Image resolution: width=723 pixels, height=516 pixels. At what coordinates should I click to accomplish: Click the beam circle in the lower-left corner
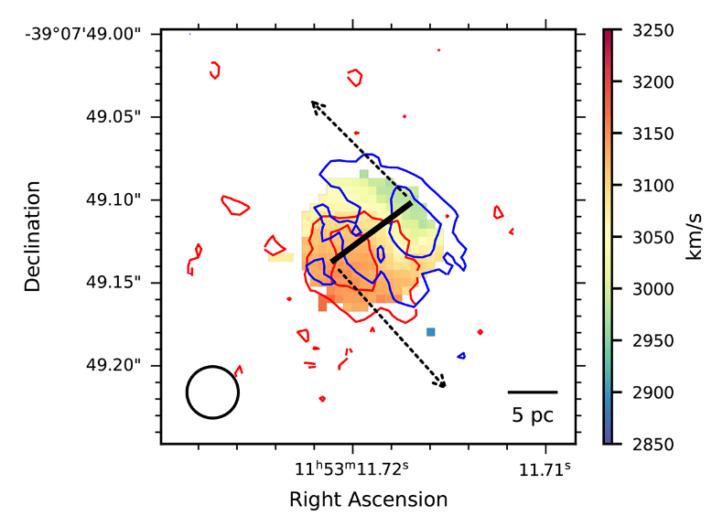[x=212, y=392]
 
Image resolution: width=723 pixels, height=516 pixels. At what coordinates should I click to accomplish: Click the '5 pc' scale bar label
[x=532, y=415]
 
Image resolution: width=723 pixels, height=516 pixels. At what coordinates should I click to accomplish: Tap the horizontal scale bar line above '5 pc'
[x=532, y=392]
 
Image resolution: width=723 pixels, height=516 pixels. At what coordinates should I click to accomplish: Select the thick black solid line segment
[x=372, y=232]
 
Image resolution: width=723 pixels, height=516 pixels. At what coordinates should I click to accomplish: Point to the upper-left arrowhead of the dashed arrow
[x=313, y=103]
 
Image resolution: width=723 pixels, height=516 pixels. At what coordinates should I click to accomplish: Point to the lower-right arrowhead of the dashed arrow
[x=443, y=384]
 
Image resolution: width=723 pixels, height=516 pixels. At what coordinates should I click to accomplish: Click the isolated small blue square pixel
[x=430, y=331]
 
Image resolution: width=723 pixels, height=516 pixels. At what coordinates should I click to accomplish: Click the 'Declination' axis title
[x=34, y=237]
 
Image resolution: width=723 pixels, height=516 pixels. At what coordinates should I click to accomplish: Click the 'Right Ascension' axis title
[x=368, y=500]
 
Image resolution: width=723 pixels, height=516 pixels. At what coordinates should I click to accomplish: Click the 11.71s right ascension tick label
[x=546, y=470]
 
